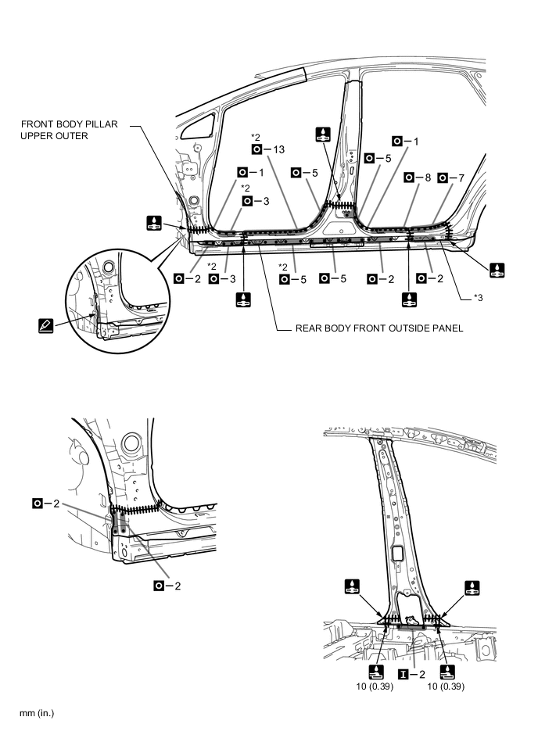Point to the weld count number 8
(x=426, y=178)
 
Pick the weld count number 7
(x=460, y=178)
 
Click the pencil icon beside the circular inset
(x=46, y=322)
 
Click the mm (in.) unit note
(x=31, y=713)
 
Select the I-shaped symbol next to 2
(x=403, y=672)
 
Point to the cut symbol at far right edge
(x=497, y=271)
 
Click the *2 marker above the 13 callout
(x=256, y=135)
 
